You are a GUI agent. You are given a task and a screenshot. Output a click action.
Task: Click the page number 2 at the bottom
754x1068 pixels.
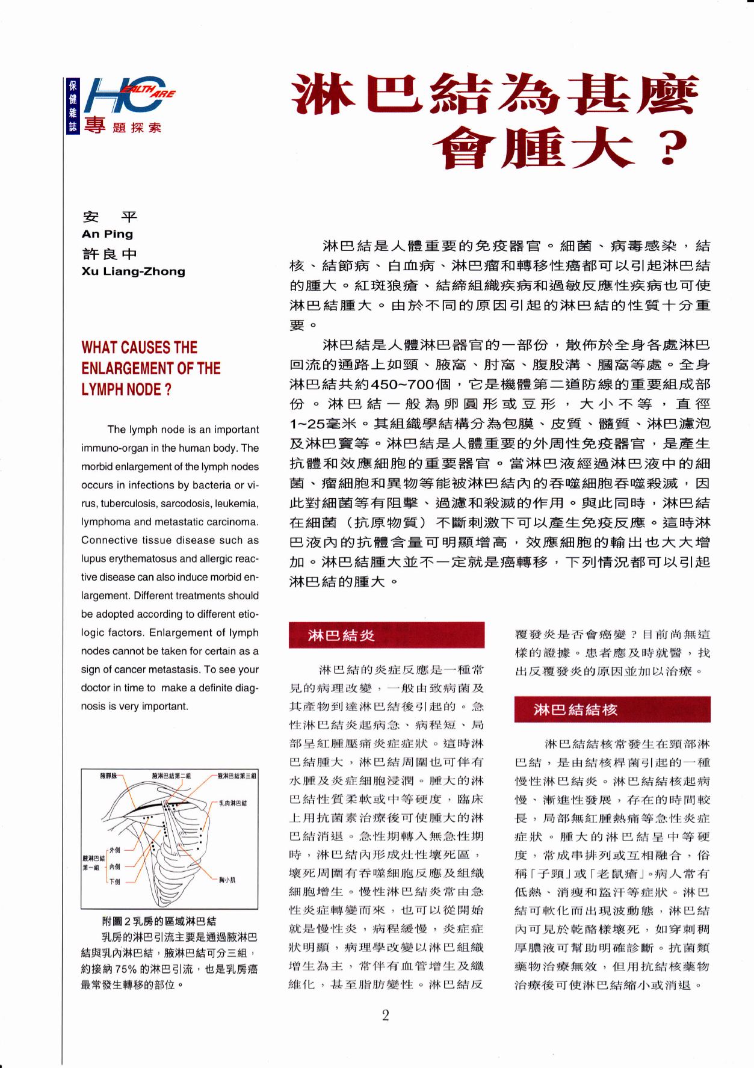[x=385, y=1016]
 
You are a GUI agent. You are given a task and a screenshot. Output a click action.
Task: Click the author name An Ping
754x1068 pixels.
[x=107, y=234]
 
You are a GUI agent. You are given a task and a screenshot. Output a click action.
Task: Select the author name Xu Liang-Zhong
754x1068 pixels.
[x=133, y=271]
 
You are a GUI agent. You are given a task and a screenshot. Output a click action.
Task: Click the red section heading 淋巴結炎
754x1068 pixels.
[x=341, y=635]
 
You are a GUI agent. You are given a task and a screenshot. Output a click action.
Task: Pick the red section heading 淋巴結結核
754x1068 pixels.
[x=575, y=710]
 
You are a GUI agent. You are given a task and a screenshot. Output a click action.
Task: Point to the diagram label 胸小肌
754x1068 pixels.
[x=227, y=880]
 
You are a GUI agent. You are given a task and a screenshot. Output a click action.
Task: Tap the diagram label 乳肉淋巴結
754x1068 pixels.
[x=233, y=803]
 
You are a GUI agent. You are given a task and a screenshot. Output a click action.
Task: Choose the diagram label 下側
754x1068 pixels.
[x=114, y=881]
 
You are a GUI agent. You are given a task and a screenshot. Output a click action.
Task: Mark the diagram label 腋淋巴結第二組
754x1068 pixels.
[x=172, y=776]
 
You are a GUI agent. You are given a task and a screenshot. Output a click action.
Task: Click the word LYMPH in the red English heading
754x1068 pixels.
[x=102, y=389]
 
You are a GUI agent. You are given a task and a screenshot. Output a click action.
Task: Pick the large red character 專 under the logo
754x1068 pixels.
[x=94, y=126]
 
